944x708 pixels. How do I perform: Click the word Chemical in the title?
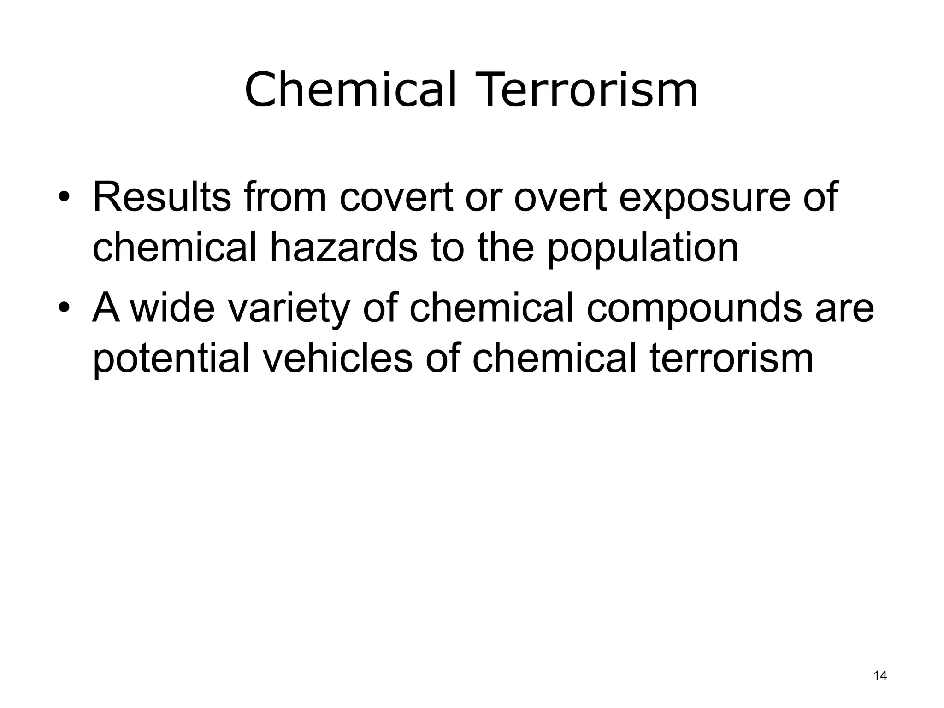tap(350, 90)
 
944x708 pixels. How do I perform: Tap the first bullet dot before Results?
tap(64, 198)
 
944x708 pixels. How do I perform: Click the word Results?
tap(161, 197)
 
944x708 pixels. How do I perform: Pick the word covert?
tap(397, 197)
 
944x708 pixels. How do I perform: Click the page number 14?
tap(880, 676)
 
